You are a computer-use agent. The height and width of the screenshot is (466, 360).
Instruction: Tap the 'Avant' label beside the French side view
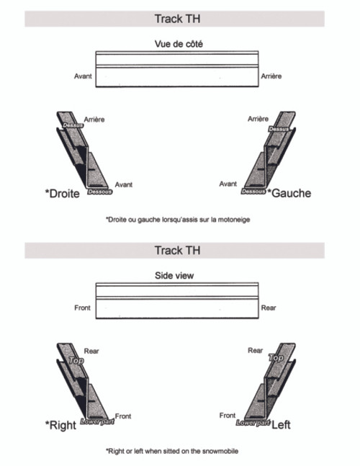tap(83, 76)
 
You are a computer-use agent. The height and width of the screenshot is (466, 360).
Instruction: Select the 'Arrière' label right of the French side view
tap(271, 76)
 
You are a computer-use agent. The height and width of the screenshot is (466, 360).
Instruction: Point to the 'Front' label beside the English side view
tap(83, 308)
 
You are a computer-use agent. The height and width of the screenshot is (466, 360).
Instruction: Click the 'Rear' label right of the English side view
tap(269, 308)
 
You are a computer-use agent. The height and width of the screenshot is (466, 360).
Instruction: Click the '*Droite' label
tap(63, 193)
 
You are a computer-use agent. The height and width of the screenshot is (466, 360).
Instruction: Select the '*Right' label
tap(60, 425)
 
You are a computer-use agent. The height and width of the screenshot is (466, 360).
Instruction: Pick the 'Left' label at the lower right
tap(281, 425)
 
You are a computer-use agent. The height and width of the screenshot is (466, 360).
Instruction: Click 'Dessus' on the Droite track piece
tap(73, 125)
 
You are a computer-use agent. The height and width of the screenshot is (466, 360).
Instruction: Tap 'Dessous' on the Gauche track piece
tap(254, 192)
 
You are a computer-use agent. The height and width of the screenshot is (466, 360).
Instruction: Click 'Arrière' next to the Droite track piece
tap(95, 119)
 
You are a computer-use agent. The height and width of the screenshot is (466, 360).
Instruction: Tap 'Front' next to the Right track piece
tap(123, 416)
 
